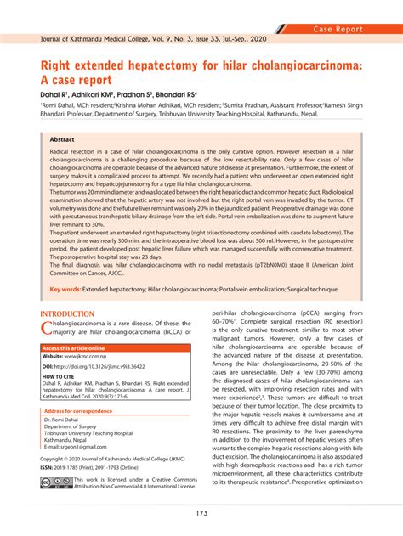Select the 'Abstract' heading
[62, 139]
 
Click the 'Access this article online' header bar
[74, 348]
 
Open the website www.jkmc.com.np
[94, 357]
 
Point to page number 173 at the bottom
[201, 513]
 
